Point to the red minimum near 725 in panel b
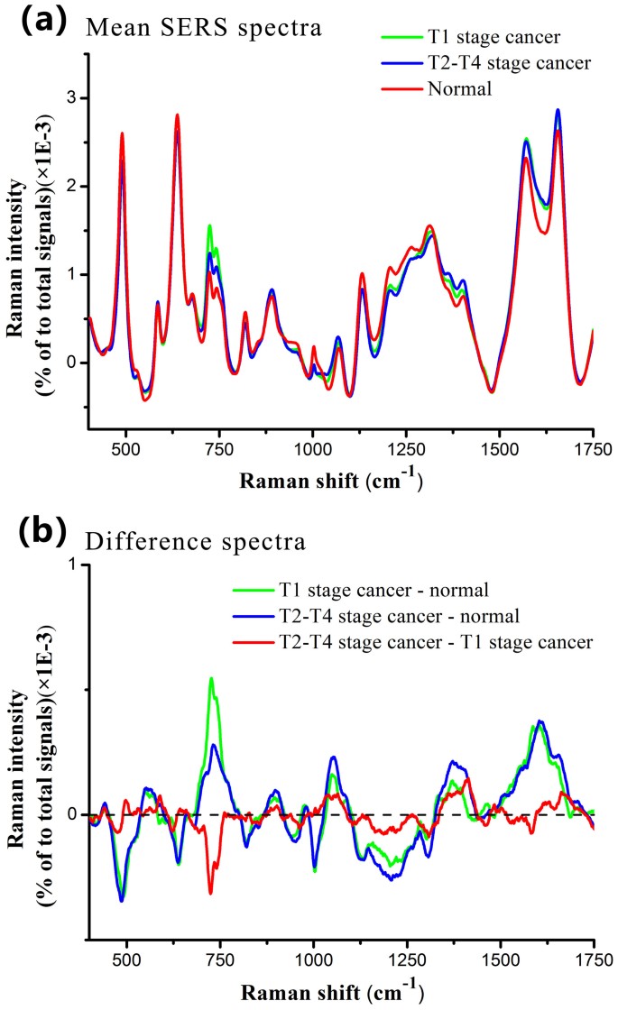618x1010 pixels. tap(210, 893)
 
